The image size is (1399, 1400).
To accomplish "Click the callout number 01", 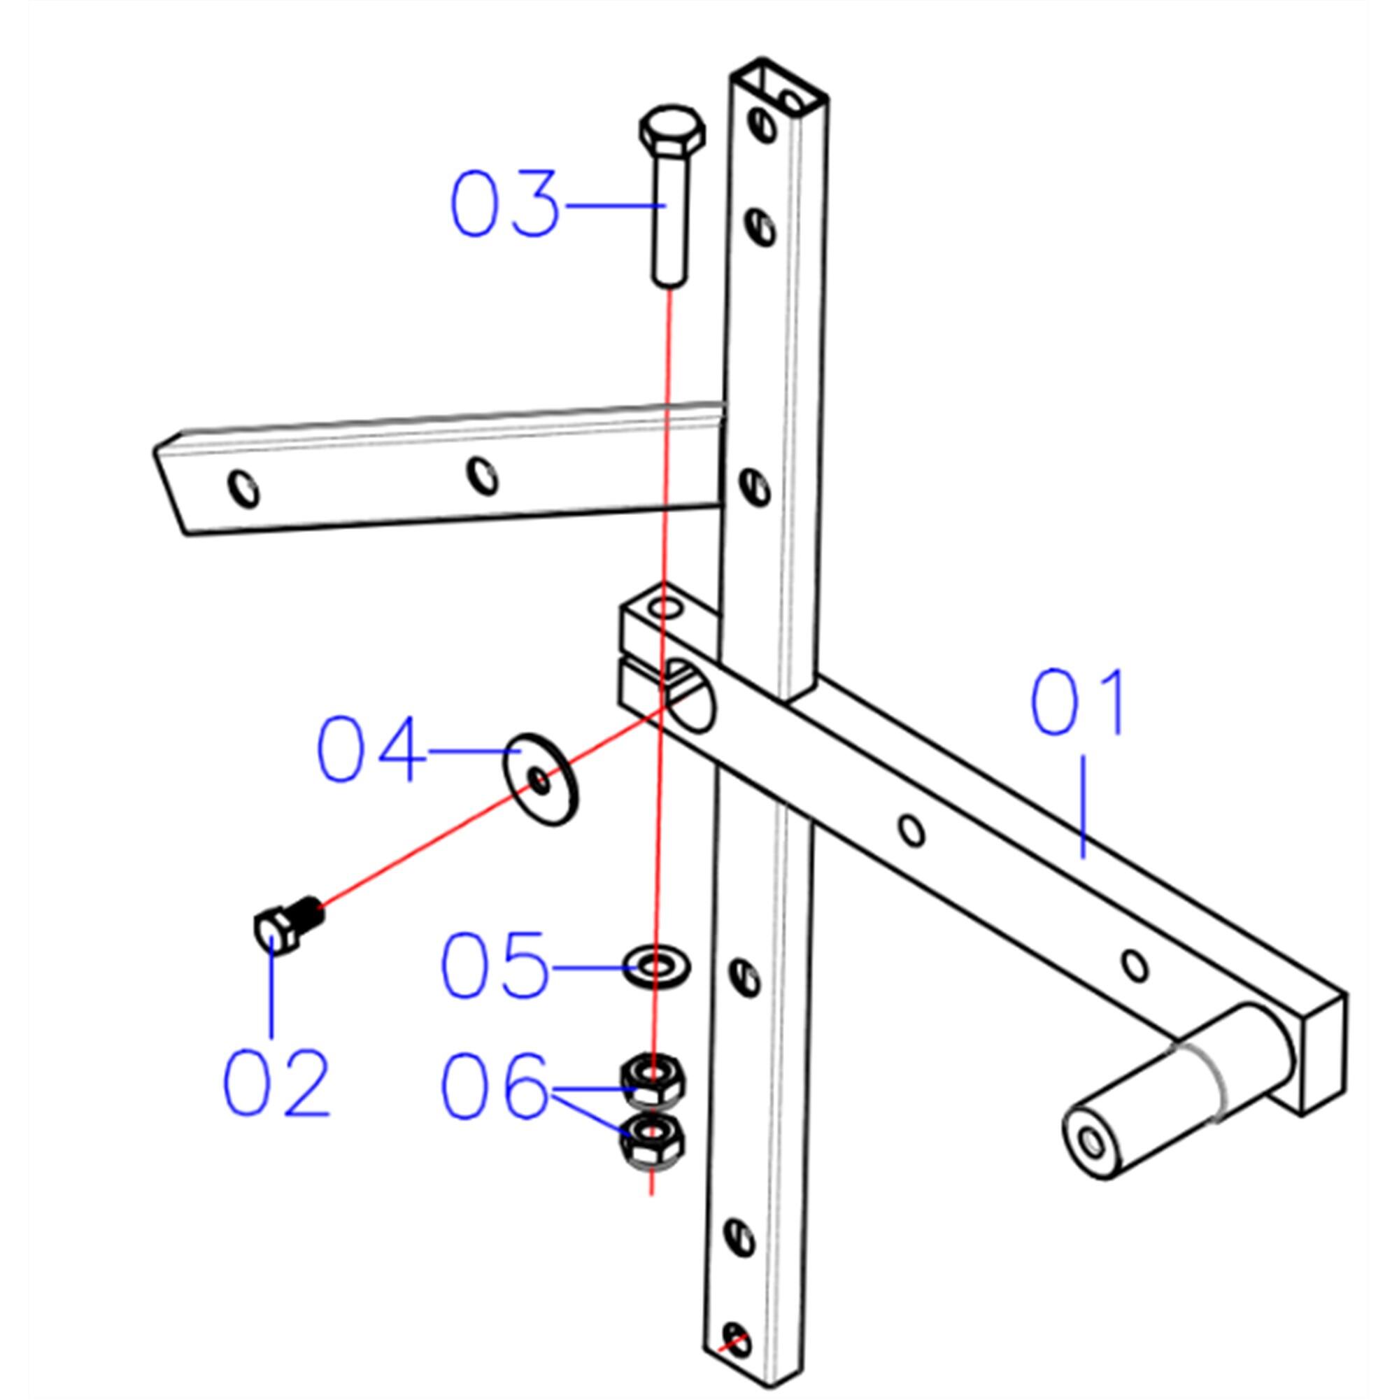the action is (x=1077, y=703).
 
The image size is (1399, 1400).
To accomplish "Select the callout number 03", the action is (x=505, y=204).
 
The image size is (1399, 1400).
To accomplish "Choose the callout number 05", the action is (x=494, y=966).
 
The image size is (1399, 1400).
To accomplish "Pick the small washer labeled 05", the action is (x=656, y=966).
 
